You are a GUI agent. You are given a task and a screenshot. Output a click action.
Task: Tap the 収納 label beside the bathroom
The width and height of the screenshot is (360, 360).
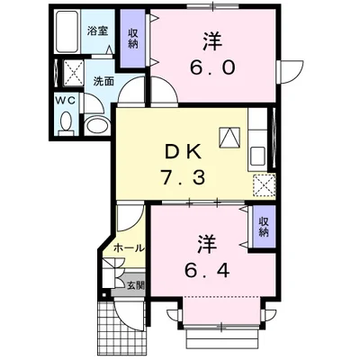(133, 39)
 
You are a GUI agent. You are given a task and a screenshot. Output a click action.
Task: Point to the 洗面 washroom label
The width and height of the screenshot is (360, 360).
(103, 81)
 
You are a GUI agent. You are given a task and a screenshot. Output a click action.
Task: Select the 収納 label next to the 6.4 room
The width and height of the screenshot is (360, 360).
(263, 227)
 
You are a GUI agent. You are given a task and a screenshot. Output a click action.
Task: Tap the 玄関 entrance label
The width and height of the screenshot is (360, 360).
(132, 284)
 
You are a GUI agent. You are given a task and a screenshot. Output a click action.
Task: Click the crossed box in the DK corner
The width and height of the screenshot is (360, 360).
(262, 185)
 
